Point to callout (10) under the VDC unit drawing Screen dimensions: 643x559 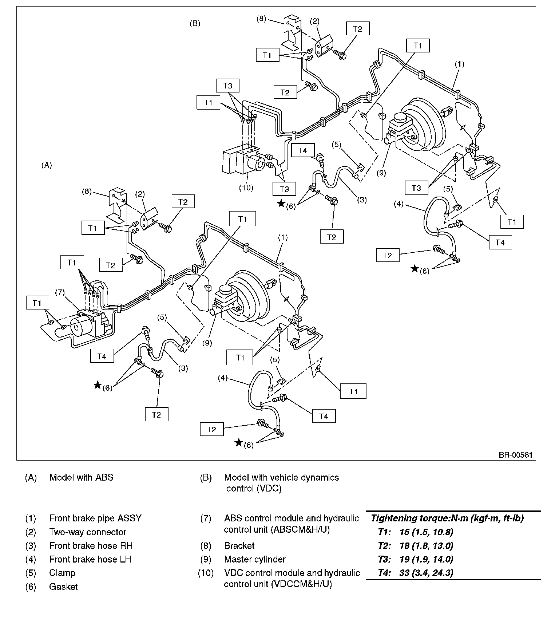[x=246, y=188]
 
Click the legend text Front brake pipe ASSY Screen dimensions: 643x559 [x=95, y=518]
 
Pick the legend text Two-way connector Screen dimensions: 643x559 [x=88, y=532]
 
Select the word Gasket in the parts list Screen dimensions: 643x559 [x=63, y=587]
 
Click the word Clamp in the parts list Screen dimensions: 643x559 [x=62, y=573]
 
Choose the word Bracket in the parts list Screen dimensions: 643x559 [x=239, y=545]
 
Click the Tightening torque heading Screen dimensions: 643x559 [x=447, y=518]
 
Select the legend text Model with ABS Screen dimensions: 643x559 [x=81, y=477]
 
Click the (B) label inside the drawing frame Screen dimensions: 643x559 [x=195, y=24]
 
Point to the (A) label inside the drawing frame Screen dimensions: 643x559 [x=47, y=165]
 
